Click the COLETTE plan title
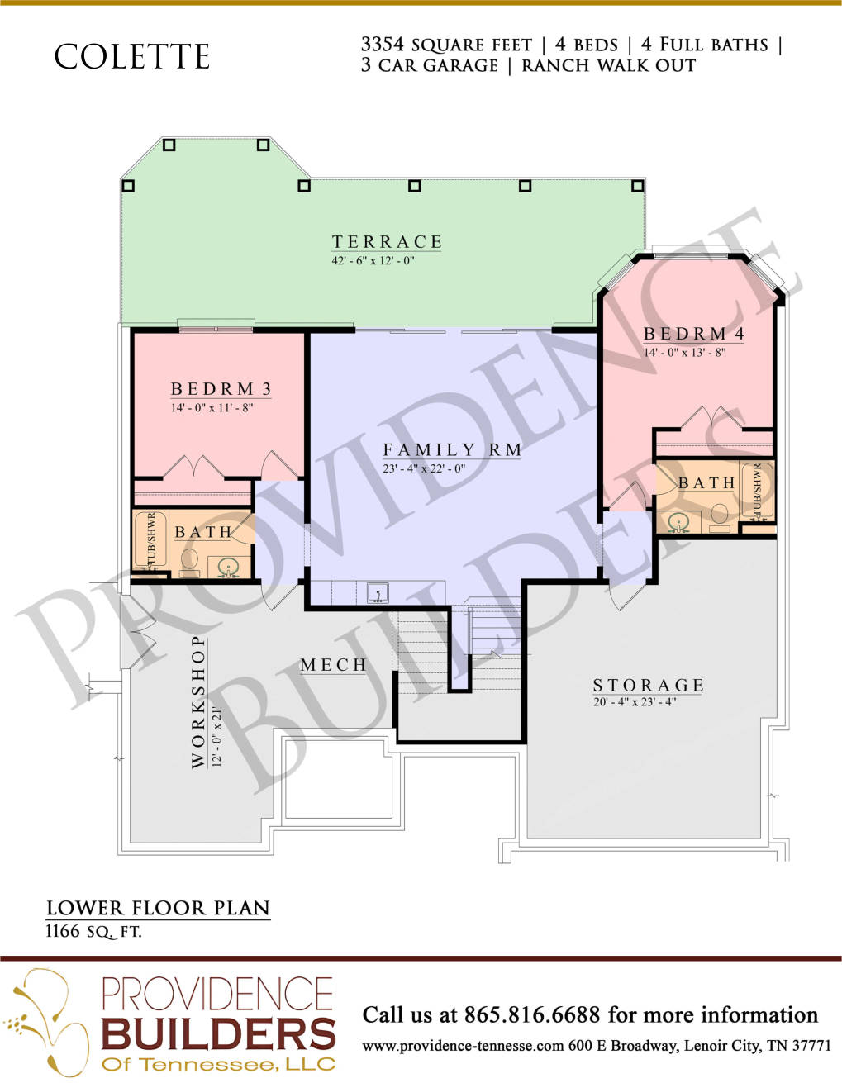pos(131,56)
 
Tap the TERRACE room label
pos(387,242)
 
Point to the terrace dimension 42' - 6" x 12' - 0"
pos(373,261)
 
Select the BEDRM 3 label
pos(221,389)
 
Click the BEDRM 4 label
pos(694,334)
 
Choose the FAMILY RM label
pos(452,449)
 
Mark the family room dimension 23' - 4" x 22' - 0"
pos(424,468)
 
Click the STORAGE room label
pos(648,686)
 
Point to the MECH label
pos(334,664)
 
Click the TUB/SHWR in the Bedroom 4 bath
pos(758,491)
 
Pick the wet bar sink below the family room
pos(378,592)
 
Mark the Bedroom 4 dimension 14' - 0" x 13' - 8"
pos(684,353)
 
